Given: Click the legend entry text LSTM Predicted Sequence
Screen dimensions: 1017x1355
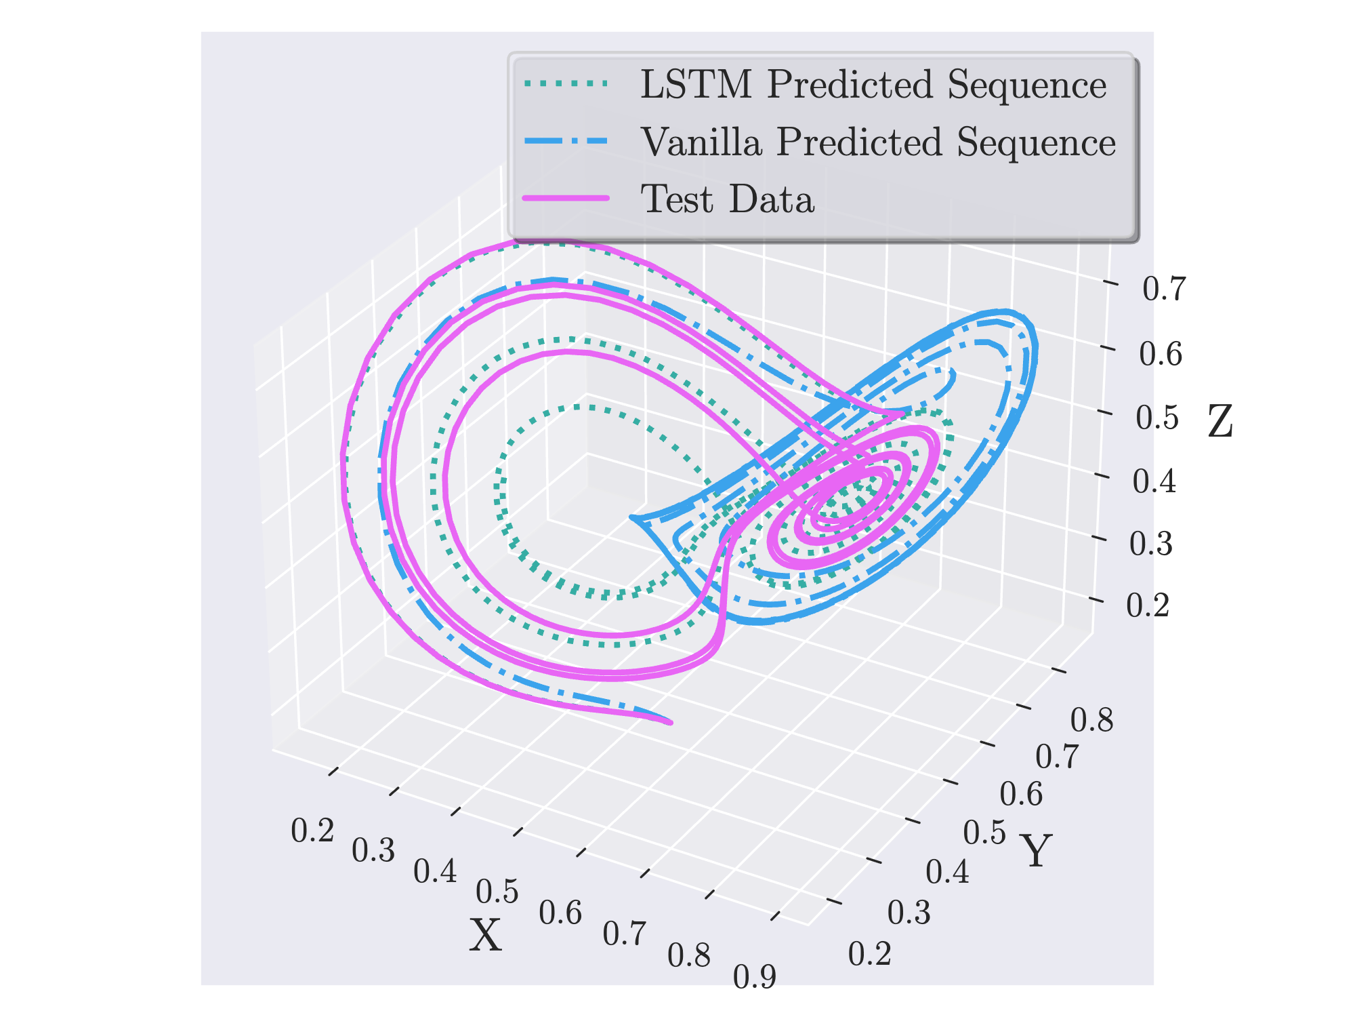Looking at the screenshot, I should [873, 85].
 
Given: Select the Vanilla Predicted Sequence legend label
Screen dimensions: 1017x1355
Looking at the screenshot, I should [878, 142].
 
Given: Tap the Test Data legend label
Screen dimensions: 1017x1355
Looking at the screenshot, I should [727, 199].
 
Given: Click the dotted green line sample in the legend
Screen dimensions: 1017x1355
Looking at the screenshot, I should [566, 84].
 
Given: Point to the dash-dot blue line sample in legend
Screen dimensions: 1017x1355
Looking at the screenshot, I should [566, 141].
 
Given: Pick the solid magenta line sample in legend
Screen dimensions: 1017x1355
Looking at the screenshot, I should [566, 198].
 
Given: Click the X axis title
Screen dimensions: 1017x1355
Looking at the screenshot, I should [486, 936].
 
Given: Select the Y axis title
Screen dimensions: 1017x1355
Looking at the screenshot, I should [1036, 851].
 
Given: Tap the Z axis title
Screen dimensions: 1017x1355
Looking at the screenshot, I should [1220, 422].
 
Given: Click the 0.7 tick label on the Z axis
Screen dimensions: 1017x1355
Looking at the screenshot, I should [1163, 290].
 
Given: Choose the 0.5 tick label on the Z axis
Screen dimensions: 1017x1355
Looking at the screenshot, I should [1157, 418].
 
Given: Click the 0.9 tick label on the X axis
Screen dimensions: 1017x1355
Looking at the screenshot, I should [754, 977].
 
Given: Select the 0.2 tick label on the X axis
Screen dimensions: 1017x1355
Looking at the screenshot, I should [312, 831].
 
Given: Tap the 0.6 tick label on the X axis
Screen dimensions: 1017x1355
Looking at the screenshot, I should [560, 913].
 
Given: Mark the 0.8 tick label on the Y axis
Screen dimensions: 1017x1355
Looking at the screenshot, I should [1091, 720].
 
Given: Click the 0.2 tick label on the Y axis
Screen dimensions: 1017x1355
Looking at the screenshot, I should [869, 954].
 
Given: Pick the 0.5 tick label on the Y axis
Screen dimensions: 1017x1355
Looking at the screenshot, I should [984, 833].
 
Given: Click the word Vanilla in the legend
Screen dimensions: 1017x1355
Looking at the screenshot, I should [701, 142].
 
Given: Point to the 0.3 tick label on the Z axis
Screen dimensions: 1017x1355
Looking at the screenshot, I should [1150, 544].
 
